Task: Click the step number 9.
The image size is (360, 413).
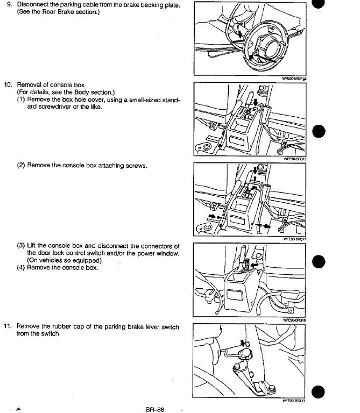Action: point(9,5)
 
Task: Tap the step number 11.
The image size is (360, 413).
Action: point(8,326)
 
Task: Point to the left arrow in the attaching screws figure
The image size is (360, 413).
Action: point(214,217)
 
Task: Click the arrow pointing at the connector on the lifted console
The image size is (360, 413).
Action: point(255,265)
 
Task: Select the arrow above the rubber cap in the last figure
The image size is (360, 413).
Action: point(243,343)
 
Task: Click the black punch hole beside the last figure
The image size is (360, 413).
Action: point(319,394)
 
